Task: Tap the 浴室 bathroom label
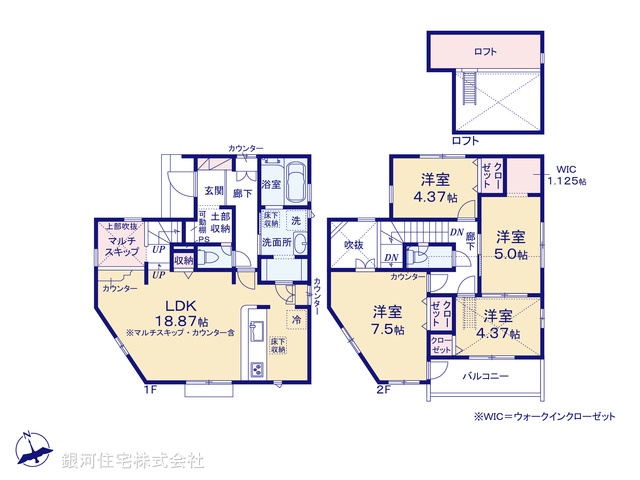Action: [x=271, y=184]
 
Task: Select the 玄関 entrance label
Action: [x=214, y=190]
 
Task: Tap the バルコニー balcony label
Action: [x=486, y=377]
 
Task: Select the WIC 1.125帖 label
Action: [x=566, y=175]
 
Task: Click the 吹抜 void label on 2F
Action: [x=353, y=245]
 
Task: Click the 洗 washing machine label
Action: [x=296, y=219]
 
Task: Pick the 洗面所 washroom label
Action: [x=276, y=241]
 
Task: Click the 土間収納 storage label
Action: [x=221, y=223]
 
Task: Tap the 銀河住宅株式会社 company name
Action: [x=133, y=460]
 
